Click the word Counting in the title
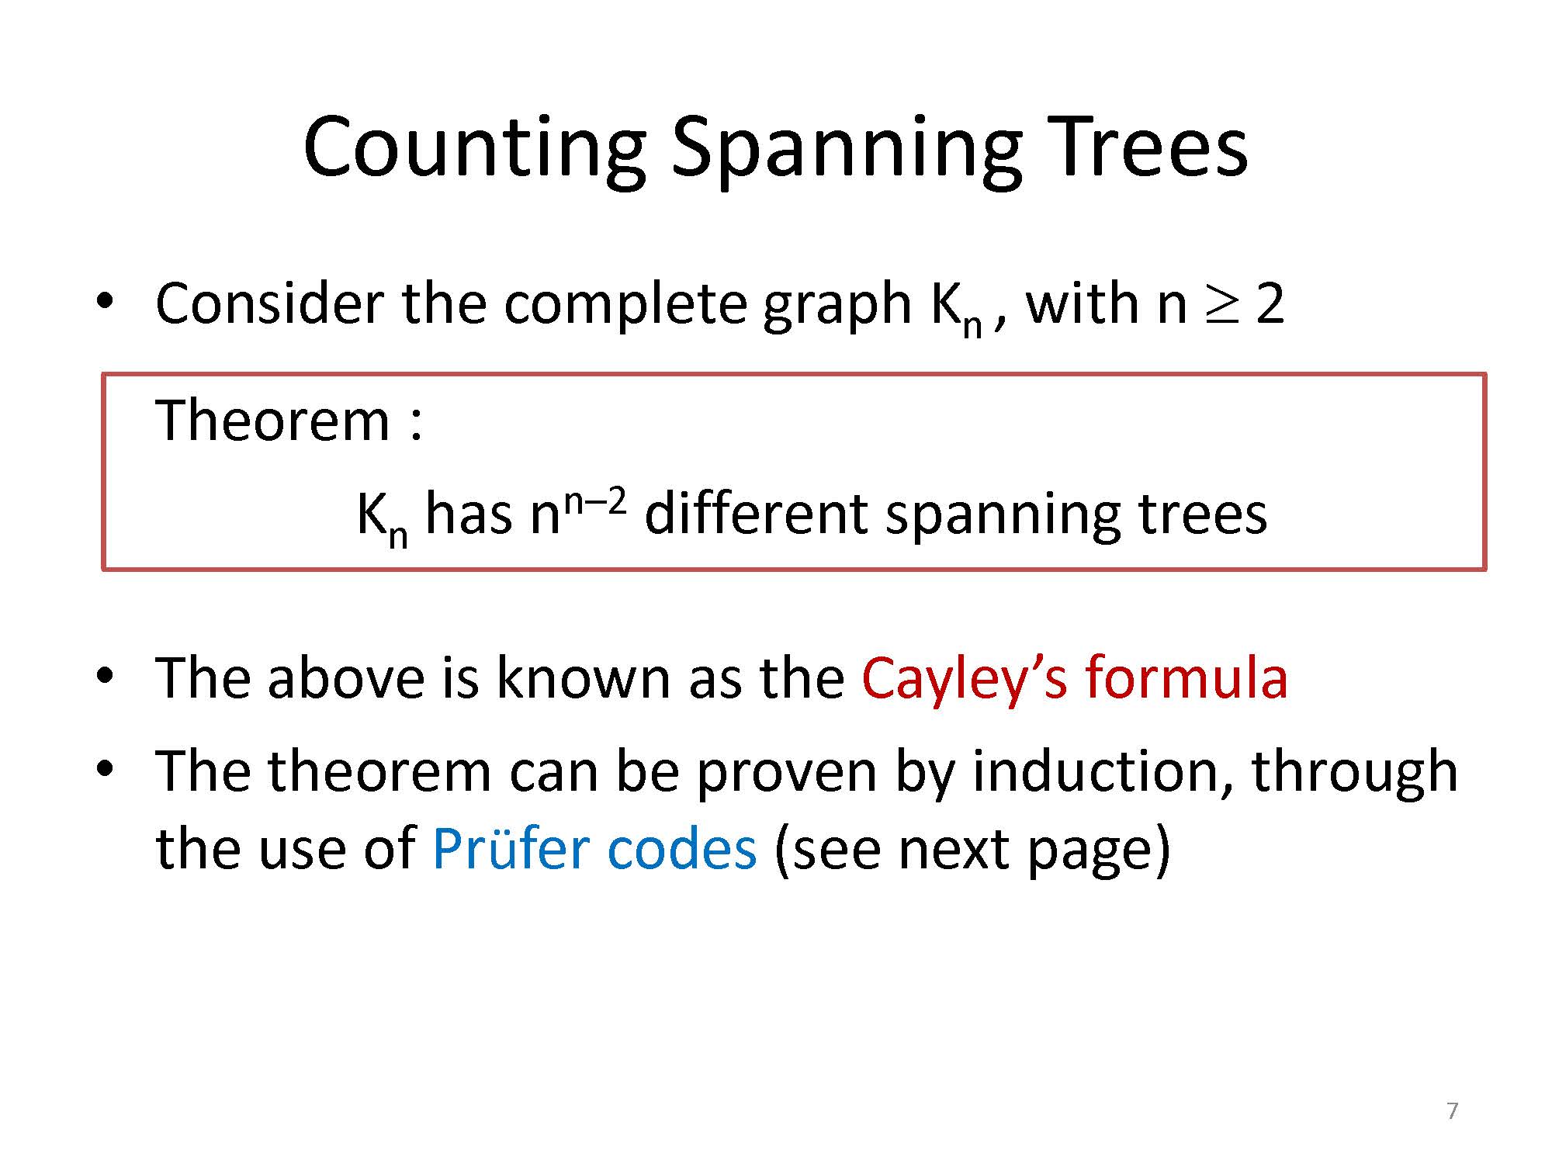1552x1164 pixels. click(474, 150)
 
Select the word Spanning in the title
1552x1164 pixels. click(847, 150)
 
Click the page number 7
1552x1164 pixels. click(1453, 1110)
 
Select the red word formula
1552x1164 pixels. click(1187, 677)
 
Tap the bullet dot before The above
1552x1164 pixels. click(106, 675)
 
